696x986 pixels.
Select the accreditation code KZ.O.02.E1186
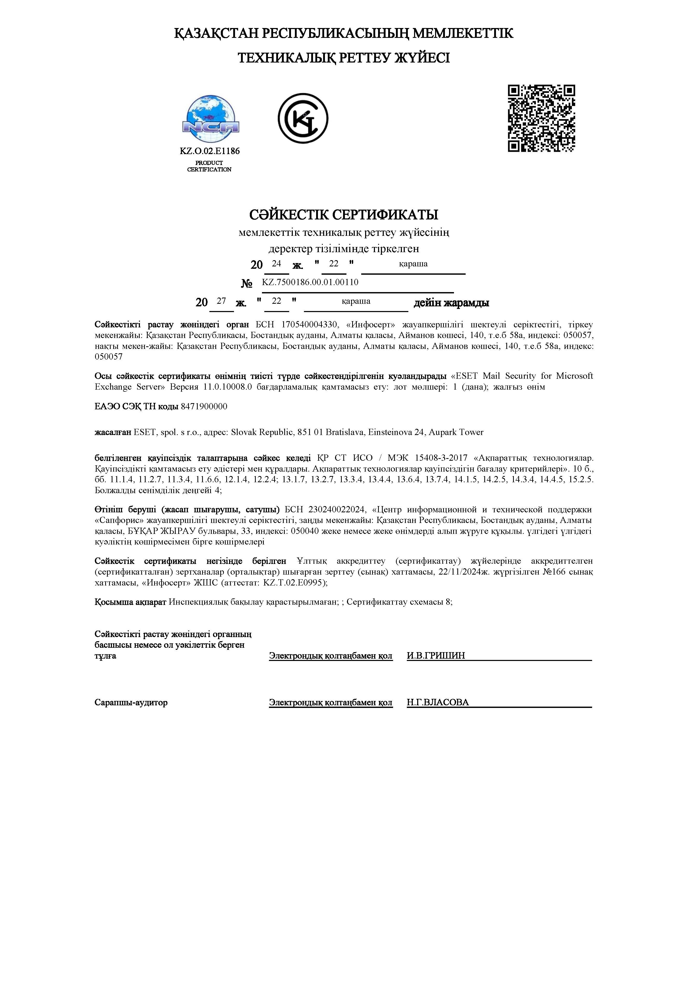pyautogui.click(x=209, y=151)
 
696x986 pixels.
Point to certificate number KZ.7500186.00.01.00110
pyautogui.click(x=310, y=282)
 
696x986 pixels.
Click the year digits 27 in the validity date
pyautogui.click(x=221, y=301)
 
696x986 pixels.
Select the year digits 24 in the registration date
pyautogui.click(x=276, y=264)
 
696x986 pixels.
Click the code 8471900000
pyautogui.click(x=204, y=406)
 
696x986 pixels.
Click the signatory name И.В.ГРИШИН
pyautogui.click(x=436, y=656)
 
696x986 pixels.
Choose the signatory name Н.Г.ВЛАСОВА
pyautogui.click(x=438, y=702)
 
